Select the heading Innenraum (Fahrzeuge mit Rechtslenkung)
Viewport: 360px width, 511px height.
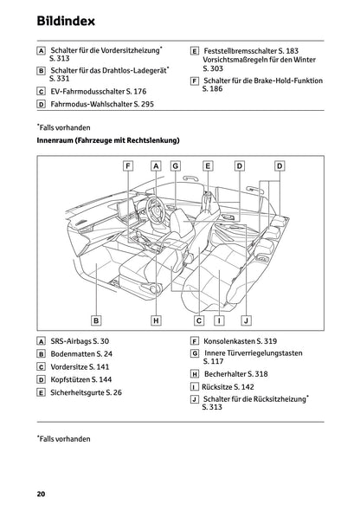[x=108, y=139]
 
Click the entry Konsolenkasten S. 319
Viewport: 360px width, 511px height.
[x=240, y=341]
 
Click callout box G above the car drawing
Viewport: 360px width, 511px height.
[x=175, y=165]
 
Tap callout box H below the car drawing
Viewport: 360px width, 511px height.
[x=156, y=320]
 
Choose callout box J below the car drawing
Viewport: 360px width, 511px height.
[x=245, y=320]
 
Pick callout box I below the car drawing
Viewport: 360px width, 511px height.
[x=220, y=320]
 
